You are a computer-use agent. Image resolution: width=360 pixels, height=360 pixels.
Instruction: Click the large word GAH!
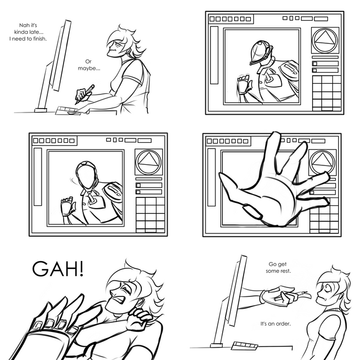(x=58, y=268)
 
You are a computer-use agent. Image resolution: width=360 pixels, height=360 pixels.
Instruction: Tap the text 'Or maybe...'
(x=89, y=65)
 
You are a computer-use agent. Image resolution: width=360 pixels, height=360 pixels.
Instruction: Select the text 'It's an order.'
(x=276, y=324)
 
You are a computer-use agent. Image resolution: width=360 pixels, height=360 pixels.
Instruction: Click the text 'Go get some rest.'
(x=278, y=268)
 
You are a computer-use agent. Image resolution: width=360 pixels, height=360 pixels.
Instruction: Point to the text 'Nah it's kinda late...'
(x=29, y=29)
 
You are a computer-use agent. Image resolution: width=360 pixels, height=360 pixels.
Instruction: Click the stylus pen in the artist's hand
(x=85, y=94)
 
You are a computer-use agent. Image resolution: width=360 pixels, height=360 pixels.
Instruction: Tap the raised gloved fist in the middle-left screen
(x=68, y=206)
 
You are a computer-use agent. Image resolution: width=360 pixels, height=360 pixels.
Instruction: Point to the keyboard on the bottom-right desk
(x=245, y=345)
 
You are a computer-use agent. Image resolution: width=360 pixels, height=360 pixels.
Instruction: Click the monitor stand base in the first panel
(x=41, y=110)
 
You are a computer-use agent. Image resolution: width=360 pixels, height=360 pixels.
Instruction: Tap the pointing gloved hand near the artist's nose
(x=285, y=296)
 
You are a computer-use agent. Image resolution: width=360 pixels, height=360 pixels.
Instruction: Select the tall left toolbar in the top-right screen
(x=214, y=55)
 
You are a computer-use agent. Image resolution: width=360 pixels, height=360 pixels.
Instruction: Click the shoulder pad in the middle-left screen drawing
(x=112, y=191)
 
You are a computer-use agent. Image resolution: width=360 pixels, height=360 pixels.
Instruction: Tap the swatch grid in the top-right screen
(x=327, y=93)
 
